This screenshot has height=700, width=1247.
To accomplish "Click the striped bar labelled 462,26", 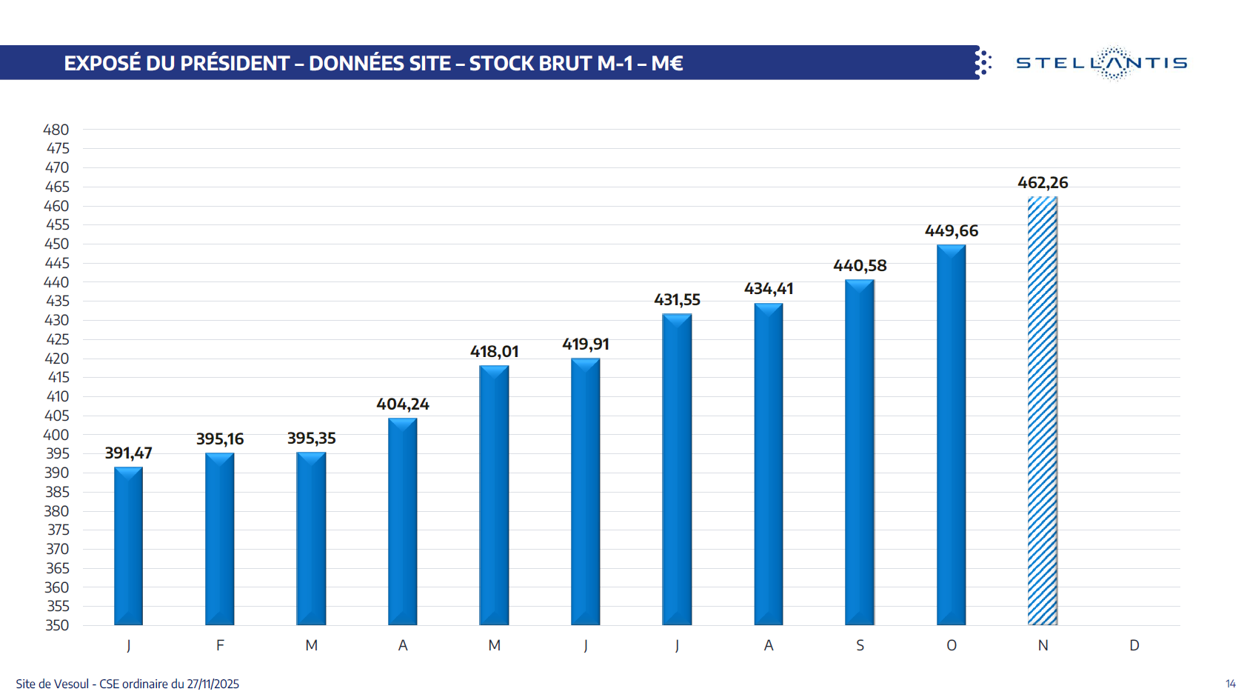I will (x=1042, y=411).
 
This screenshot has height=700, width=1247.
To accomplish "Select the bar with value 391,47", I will (x=128, y=546).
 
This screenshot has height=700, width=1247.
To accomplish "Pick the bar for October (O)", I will (x=951, y=435).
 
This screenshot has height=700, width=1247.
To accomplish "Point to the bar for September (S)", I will (x=859, y=452).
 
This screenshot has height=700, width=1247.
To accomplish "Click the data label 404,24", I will (x=403, y=404).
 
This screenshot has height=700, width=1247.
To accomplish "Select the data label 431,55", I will (x=677, y=300).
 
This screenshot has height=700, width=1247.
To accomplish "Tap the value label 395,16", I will (x=220, y=439).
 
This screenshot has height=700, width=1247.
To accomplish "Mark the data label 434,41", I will (x=769, y=289).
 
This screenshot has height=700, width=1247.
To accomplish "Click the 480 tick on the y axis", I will (x=56, y=130).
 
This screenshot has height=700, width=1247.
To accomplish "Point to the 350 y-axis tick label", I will (x=57, y=625).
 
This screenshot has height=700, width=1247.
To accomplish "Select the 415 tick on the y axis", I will (x=58, y=377).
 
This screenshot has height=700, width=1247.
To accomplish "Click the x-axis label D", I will (x=1134, y=645).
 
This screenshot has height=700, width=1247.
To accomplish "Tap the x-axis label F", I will (x=220, y=645).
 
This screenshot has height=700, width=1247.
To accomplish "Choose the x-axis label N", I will (x=1043, y=645).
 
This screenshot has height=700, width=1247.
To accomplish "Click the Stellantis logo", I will (x=1101, y=63).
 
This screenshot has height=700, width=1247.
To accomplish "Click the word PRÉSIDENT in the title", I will (x=234, y=64).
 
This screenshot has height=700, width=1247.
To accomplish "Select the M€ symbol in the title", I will (x=666, y=64).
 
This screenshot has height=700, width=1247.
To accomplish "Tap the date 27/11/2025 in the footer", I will (x=213, y=684).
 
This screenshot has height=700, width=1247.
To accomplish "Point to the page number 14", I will (x=1231, y=684).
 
